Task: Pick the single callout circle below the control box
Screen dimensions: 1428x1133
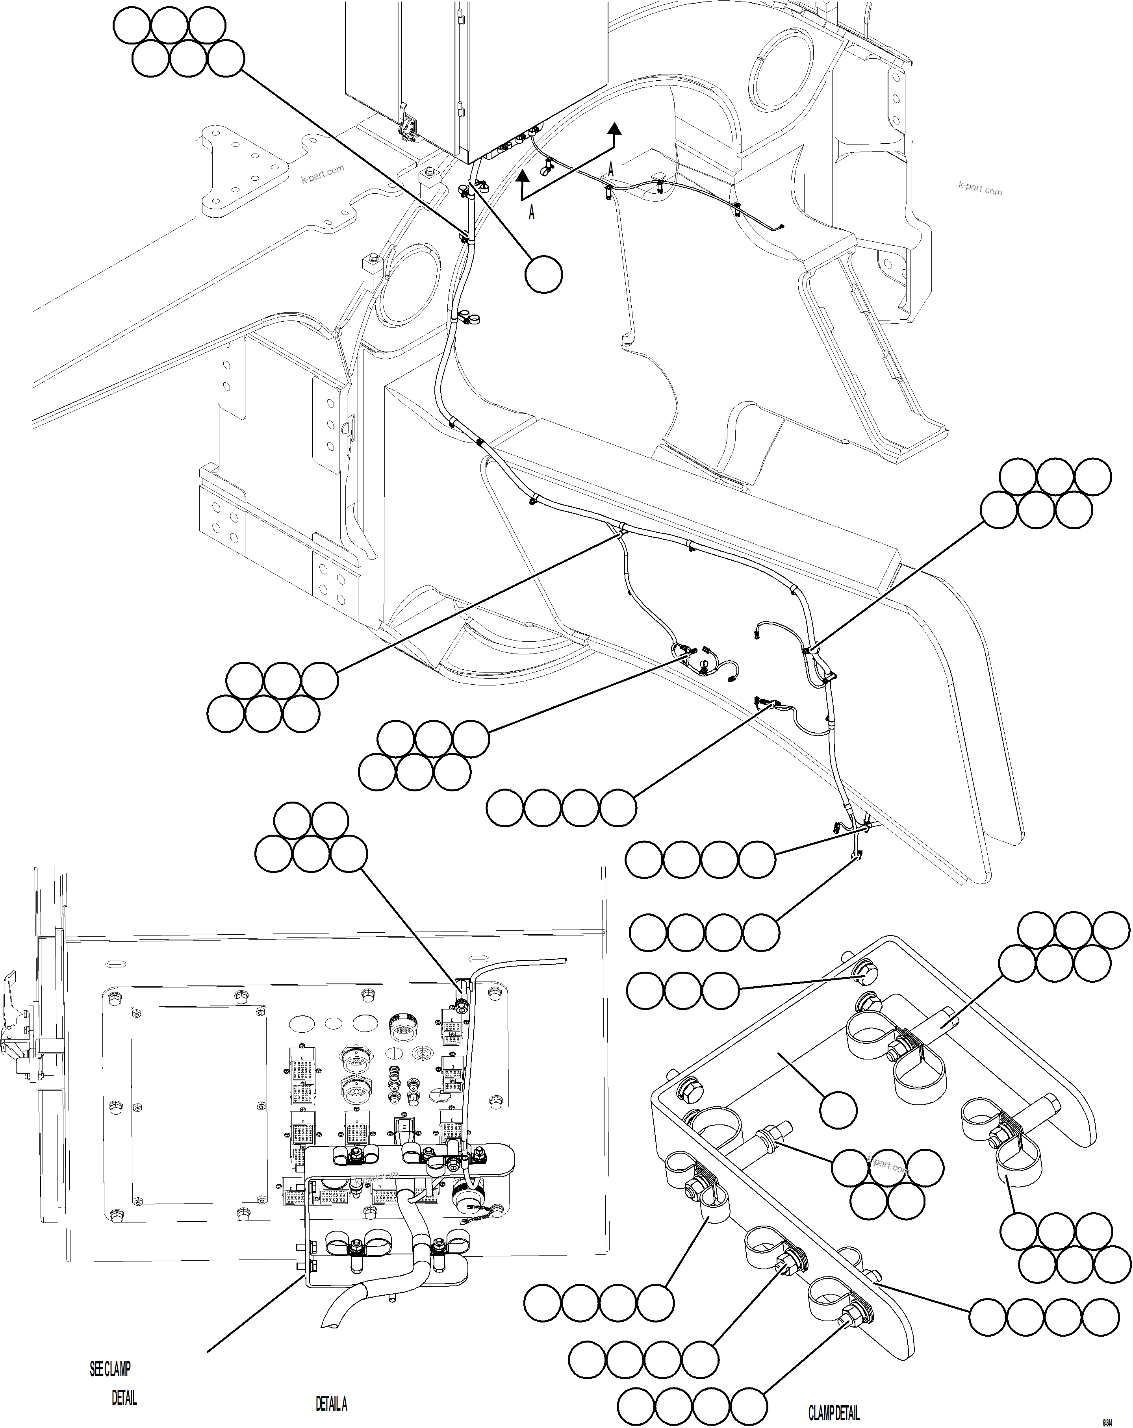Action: (x=543, y=274)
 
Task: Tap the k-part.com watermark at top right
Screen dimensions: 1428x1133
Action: (x=980, y=188)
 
